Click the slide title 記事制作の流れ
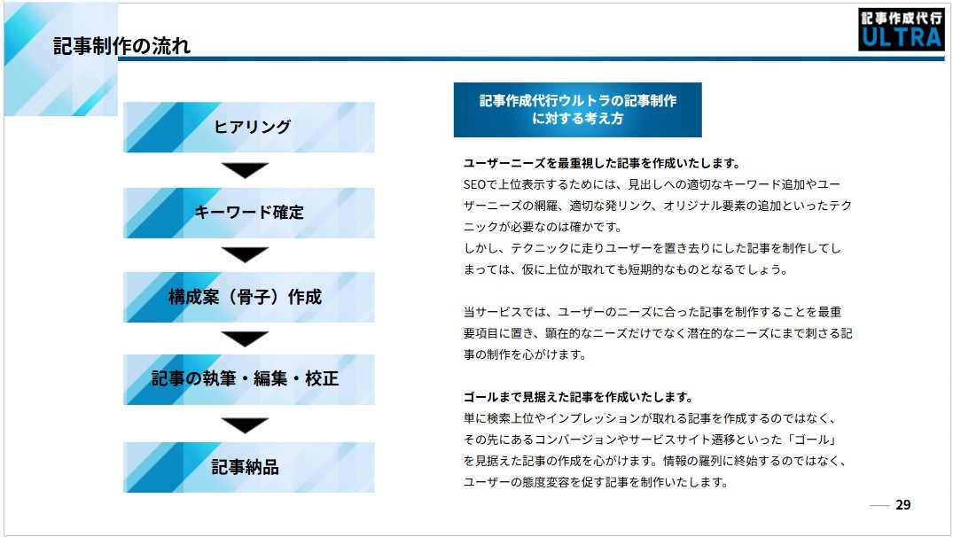tap(122, 46)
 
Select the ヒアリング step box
tap(249, 127)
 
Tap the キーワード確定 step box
tap(249, 213)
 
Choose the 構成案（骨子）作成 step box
tap(249, 297)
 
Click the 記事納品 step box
tap(249, 467)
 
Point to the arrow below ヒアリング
tap(246, 170)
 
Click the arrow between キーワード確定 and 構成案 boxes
tap(246, 255)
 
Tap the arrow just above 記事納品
tap(246, 425)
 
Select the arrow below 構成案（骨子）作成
tap(246, 339)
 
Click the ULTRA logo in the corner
tap(901, 29)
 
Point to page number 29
tap(903, 505)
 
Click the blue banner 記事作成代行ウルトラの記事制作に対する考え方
tap(577, 110)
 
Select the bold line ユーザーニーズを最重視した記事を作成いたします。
tap(601, 163)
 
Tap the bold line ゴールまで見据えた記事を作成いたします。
tap(577, 397)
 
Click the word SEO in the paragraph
tap(475, 184)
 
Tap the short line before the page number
tap(879, 506)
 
